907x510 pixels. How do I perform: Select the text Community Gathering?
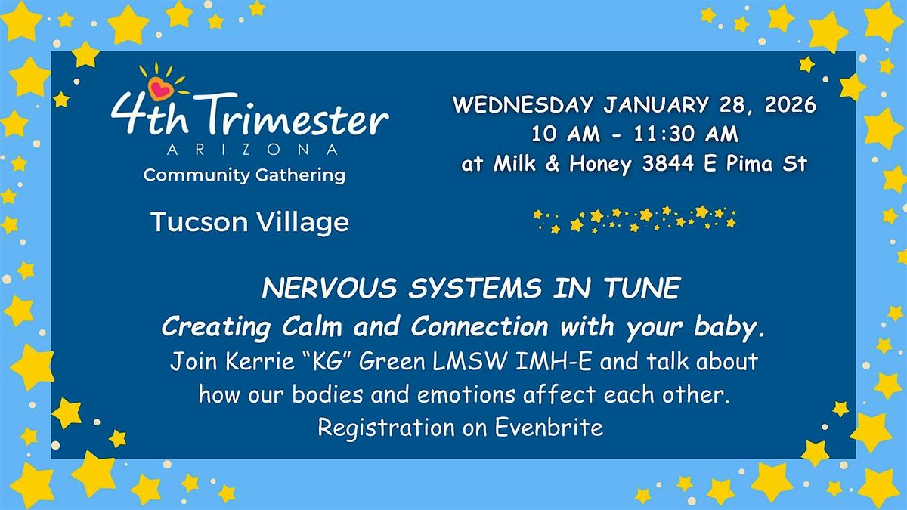(x=244, y=175)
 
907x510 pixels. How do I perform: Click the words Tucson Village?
(x=249, y=222)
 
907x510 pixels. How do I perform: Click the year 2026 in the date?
(x=791, y=105)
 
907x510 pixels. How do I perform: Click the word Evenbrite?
(x=549, y=428)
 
